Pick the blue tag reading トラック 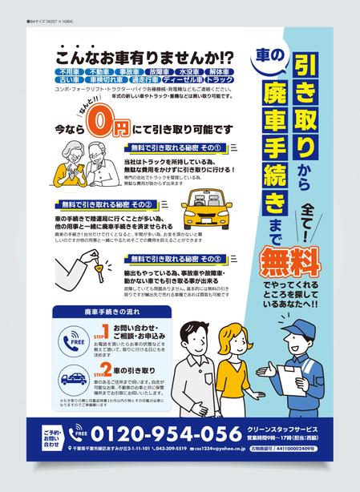tap(219, 80)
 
